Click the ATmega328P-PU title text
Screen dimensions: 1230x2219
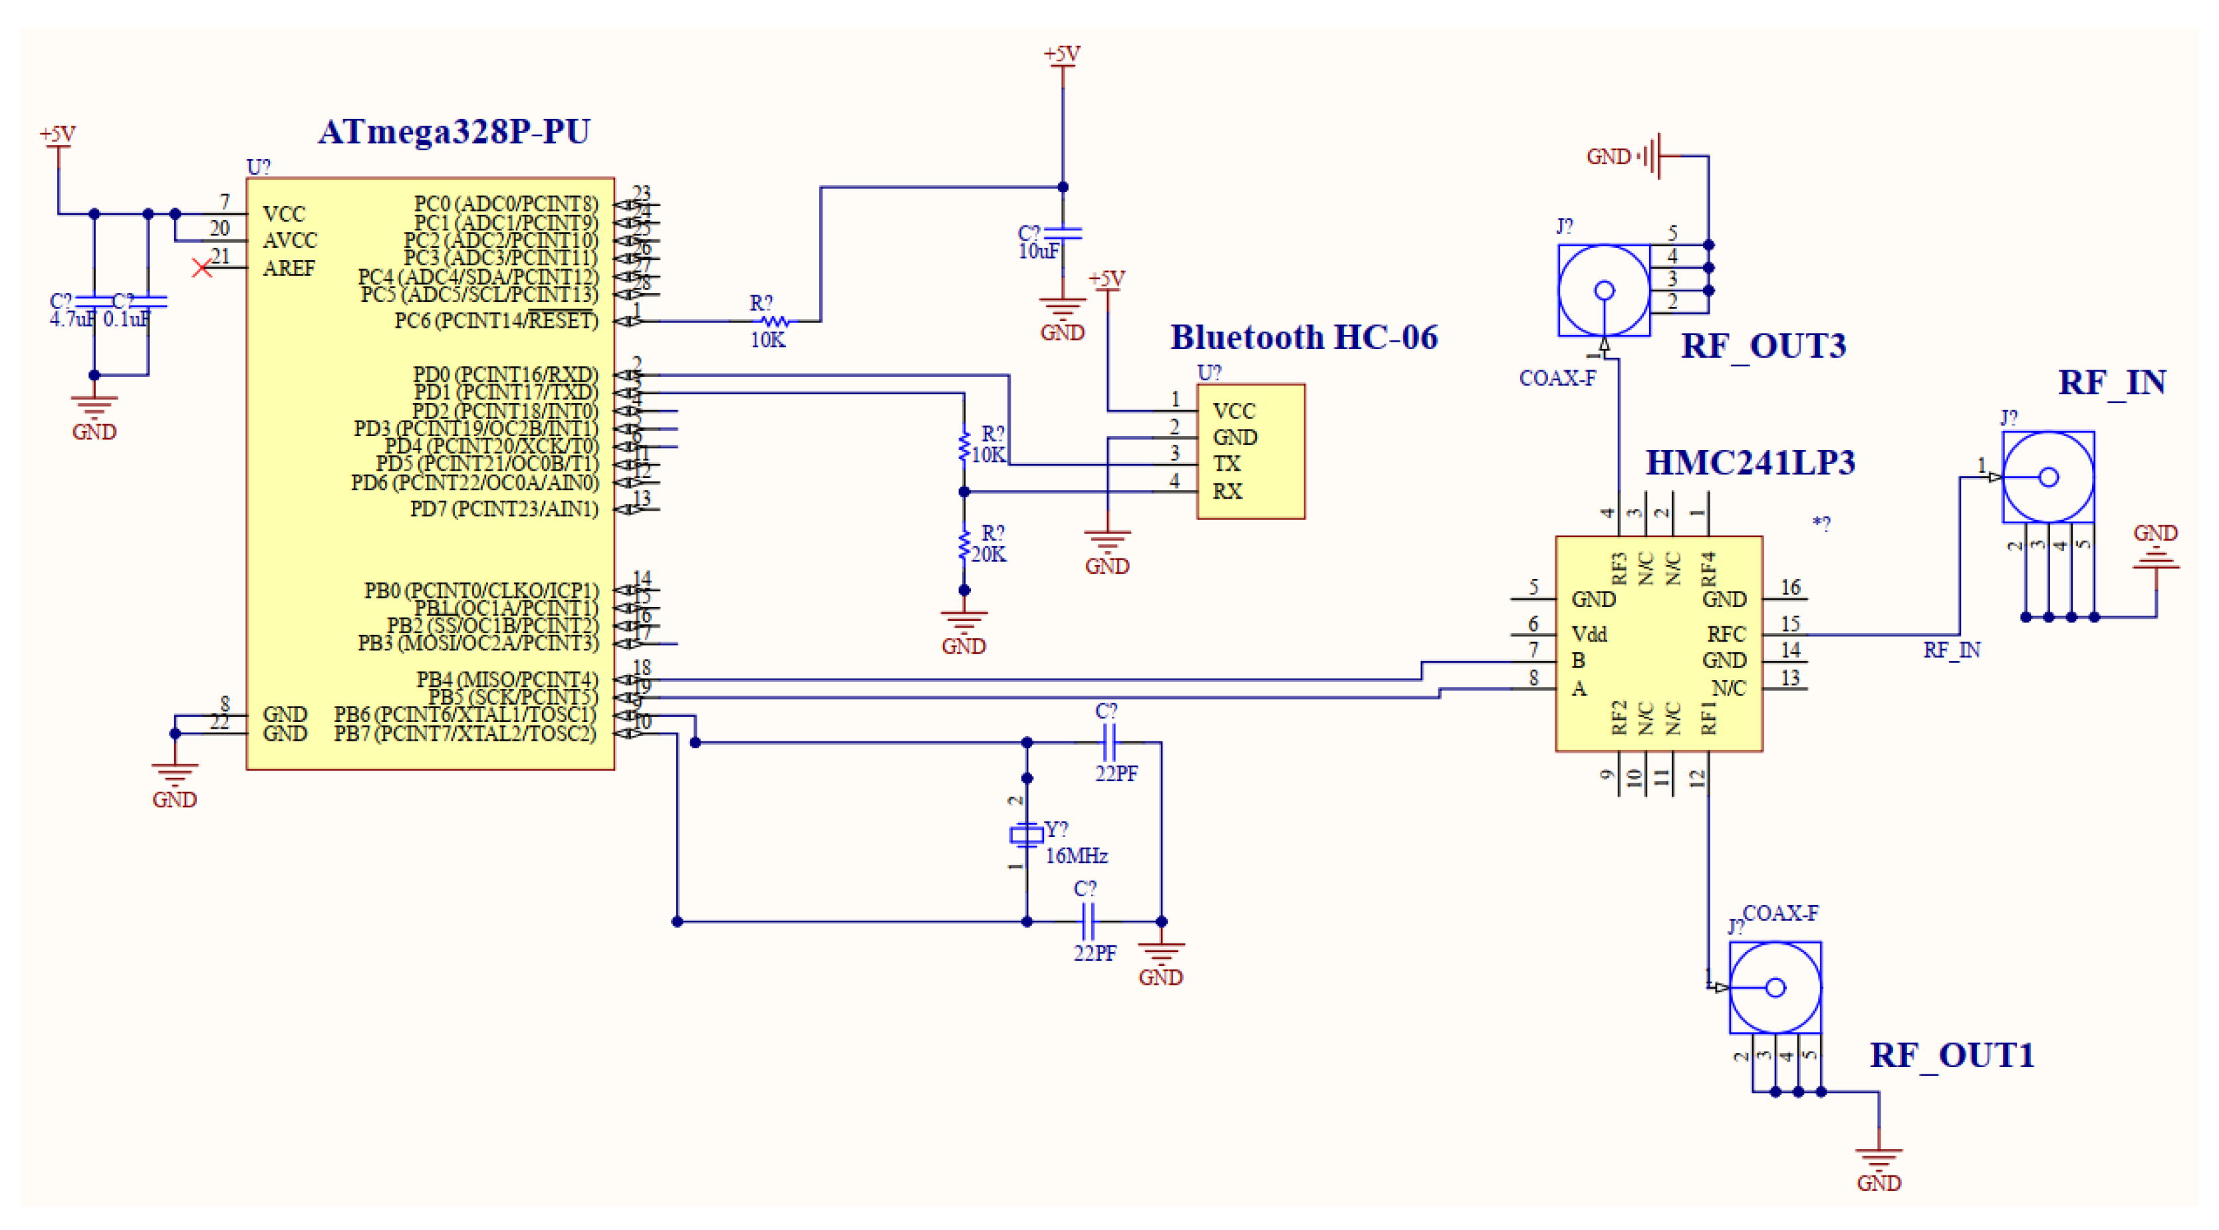point(454,132)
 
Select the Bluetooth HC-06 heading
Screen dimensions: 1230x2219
point(1303,337)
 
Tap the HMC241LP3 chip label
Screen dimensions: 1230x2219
point(1750,463)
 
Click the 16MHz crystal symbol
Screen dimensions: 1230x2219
point(1026,834)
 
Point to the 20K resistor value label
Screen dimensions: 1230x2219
point(988,554)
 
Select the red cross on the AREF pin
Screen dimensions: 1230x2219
point(201,268)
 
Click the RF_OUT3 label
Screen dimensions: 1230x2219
point(1763,346)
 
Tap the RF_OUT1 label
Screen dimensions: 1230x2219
point(1951,1054)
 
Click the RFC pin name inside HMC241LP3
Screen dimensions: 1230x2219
point(1726,634)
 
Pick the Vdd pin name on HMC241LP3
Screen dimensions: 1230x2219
point(1589,634)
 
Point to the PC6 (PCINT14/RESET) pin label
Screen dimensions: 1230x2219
point(496,320)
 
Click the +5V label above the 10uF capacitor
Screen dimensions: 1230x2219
point(1061,53)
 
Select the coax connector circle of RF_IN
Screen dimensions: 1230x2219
point(2047,476)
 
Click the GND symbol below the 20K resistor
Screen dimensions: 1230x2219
point(963,627)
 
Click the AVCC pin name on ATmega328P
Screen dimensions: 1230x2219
point(291,239)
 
